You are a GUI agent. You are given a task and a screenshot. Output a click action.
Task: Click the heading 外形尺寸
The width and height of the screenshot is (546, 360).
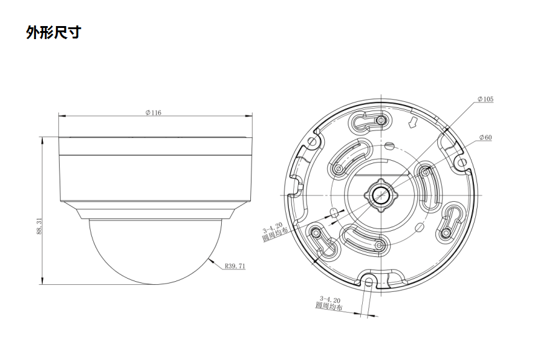pyautogui.click(x=53, y=32)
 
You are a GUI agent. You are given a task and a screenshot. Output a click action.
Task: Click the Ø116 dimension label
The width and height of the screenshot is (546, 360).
pyautogui.click(x=153, y=113)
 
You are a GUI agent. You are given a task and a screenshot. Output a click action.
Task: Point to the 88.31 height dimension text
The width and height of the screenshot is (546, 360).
pyautogui.click(x=39, y=226)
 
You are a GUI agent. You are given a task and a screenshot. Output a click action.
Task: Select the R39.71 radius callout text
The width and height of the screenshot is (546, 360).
pyautogui.click(x=235, y=266)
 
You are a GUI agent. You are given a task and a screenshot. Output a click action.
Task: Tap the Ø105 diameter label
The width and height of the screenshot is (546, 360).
pyautogui.click(x=485, y=99)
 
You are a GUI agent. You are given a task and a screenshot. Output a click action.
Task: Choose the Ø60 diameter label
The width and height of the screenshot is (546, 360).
pyautogui.click(x=486, y=137)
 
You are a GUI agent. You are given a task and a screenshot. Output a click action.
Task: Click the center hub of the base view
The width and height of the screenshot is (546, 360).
pyautogui.click(x=381, y=195)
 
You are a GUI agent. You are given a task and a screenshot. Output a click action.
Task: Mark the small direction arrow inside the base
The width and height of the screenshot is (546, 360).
pyautogui.click(x=413, y=123)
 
